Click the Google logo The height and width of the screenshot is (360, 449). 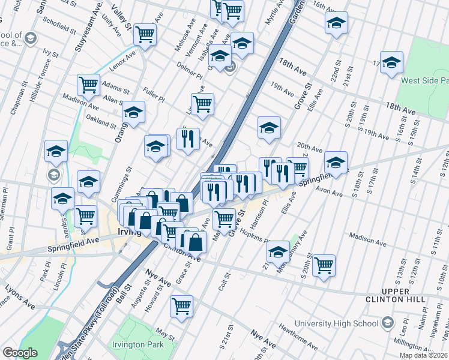click(20, 353)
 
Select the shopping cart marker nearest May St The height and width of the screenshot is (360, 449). click(181, 306)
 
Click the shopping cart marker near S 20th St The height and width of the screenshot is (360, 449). click(324, 265)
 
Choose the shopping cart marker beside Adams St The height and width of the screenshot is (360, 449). click(88, 85)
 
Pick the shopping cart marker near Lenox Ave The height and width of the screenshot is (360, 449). click(145, 35)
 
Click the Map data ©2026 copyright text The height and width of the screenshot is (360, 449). click(422, 355)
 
